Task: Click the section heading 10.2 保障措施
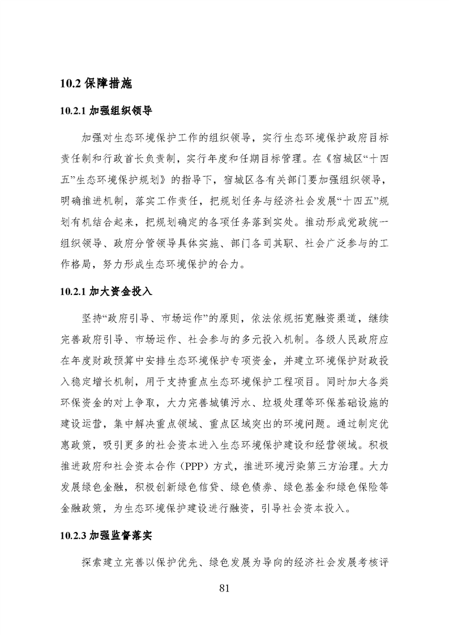point(96,84)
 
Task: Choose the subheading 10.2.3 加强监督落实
point(105,535)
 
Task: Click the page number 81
point(224,589)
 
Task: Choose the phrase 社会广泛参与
point(330,242)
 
